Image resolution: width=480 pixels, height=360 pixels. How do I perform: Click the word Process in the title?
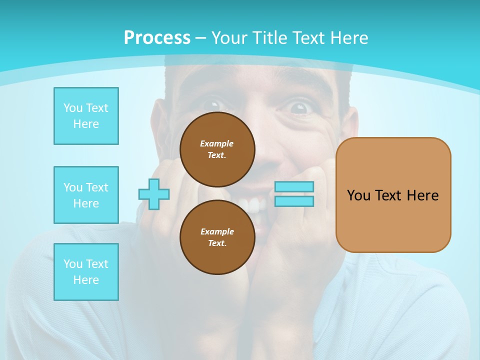click(x=157, y=38)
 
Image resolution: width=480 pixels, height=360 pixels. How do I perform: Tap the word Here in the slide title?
click(x=349, y=38)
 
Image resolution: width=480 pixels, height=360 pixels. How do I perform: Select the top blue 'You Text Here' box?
click(x=86, y=116)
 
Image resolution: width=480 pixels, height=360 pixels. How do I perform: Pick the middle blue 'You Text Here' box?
click(x=86, y=195)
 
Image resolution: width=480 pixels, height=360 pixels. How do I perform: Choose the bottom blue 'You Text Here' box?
click(x=86, y=272)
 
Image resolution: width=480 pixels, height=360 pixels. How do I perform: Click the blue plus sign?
click(x=154, y=194)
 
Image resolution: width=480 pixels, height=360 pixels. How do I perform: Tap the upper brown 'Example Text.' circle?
click(x=217, y=149)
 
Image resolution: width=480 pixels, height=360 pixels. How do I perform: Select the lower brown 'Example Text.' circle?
click(x=217, y=237)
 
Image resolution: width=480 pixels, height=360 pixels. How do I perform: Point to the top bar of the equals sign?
click(x=294, y=187)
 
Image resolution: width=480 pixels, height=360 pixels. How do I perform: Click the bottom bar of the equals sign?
click(x=294, y=201)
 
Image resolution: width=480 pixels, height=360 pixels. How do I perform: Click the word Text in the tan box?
click(x=390, y=195)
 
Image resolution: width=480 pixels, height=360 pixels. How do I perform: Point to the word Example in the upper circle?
click(x=217, y=143)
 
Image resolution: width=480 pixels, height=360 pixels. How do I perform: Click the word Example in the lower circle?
click(x=217, y=231)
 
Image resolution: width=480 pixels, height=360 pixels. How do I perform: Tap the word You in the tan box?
click(x=358, y=195)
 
